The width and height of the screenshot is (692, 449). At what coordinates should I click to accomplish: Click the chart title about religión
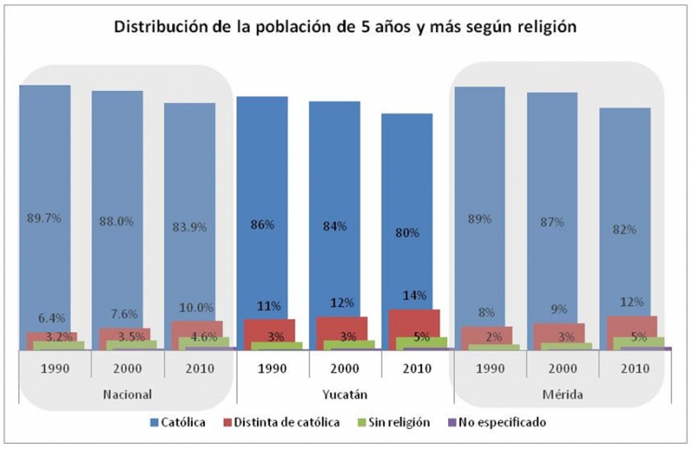[346, 28]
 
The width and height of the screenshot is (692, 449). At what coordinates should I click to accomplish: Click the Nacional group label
[127, 394]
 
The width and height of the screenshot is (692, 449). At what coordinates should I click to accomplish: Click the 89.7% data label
[45, 220]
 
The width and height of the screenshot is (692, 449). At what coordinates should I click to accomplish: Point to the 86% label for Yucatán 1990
[262, 224]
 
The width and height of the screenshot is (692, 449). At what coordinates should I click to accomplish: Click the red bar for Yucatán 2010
[420, 322]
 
